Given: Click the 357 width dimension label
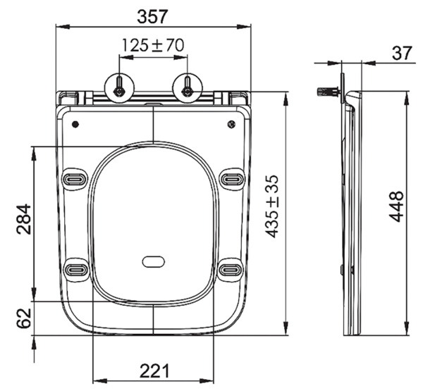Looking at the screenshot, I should coord(153,15).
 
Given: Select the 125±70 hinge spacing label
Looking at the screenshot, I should coord(153,45).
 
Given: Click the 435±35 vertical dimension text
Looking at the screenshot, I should coord(272,206).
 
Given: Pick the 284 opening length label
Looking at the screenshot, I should coord(22,221).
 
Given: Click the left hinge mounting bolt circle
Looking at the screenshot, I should coord(118,87).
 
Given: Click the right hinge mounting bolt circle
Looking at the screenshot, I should coord(188,87).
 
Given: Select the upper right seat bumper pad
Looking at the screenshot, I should coord(231,179).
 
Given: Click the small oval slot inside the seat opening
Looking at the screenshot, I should coord(153,261).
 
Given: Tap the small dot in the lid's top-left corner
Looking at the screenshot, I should coord(75,125).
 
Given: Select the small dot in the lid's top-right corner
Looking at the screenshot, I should coord(231,125).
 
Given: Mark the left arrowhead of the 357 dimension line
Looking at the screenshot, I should coord(59,27).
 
